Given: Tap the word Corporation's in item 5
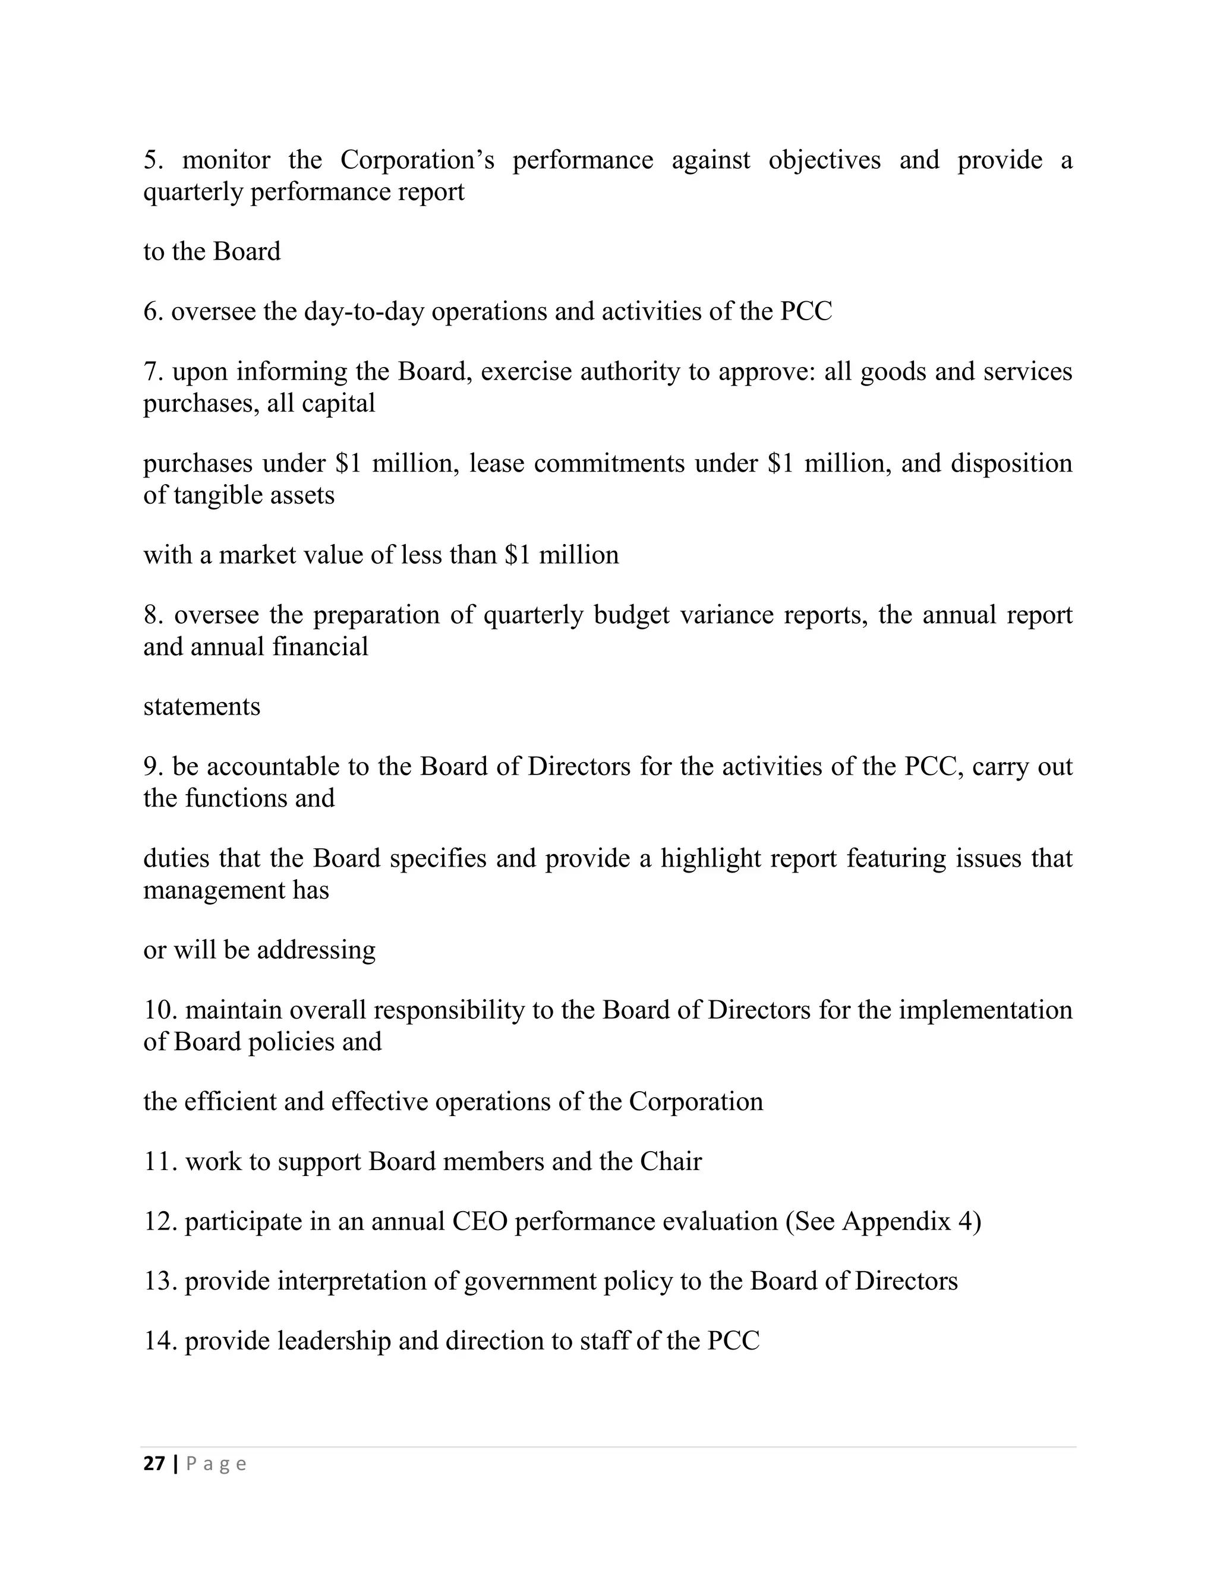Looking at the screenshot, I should [x=417, y=160].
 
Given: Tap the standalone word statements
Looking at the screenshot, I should [x=202, y=706].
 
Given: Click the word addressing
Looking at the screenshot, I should [x=316, y=950].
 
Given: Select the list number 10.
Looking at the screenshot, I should [x=160, y=1010].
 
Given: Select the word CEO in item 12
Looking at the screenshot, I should [x=480, y=1221].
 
